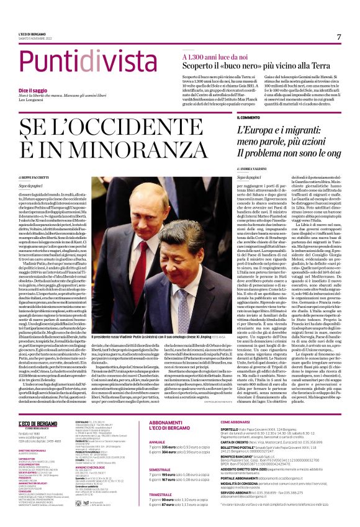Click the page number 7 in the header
[x=339, y=37]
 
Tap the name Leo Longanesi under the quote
[x=32, y=102]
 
